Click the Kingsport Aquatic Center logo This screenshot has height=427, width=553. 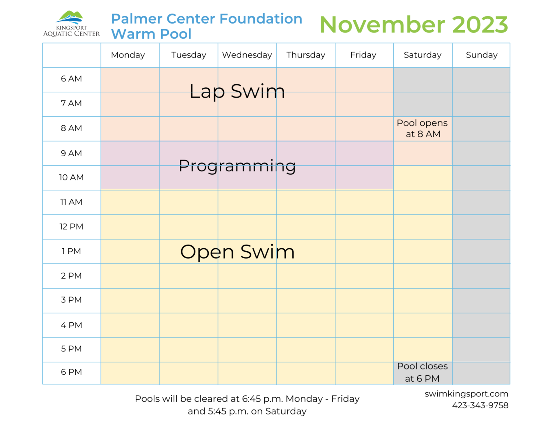click(71, 24)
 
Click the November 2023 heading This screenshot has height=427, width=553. click(414, 25)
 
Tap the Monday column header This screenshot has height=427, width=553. click(128, 55)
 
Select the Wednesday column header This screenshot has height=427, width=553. click(247, 55)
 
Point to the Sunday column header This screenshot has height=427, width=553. click(481, 55)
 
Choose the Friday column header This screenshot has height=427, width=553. click(363, 55)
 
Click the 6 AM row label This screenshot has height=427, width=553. click(71, 79)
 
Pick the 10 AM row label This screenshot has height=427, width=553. click(71, 178)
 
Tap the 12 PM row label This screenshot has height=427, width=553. click(71, 227)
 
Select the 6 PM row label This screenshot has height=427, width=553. click(71, 372)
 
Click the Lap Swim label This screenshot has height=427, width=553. click(237, 91)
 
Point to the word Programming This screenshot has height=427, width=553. click(237, 166)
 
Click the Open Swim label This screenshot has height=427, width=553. click(237, 252)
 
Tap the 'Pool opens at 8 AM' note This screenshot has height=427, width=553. click(422, 129)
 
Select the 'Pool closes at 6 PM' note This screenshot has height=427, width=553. click(422, 372)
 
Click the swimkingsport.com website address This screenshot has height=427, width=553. click(466, 394)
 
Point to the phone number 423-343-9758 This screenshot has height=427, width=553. click(480, 405)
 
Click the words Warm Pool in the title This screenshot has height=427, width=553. click(151, 34)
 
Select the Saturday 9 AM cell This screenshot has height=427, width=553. click(422, 153)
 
